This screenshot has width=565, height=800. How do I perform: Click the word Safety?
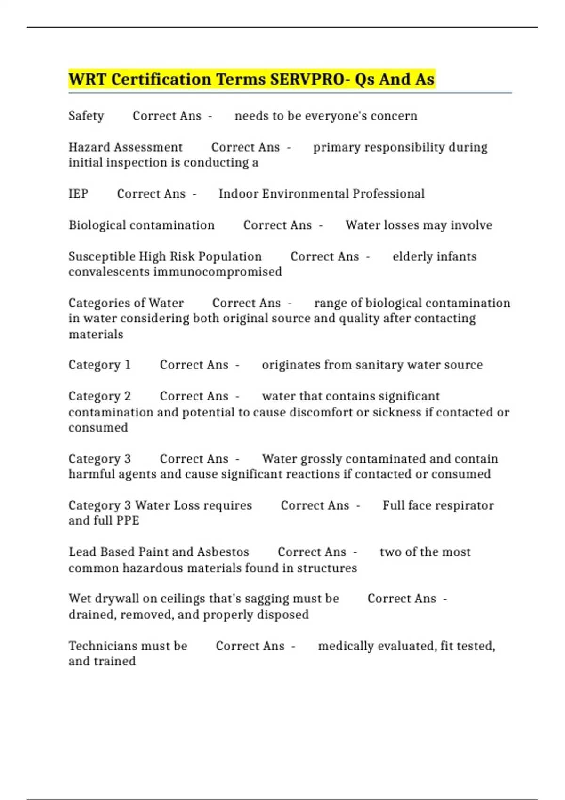(x=86, y=116)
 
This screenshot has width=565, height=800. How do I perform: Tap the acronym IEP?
(x=78, y=194)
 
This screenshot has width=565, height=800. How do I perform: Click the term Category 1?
(x=100, y=365)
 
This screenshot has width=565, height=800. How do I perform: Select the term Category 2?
(x=100, y=396)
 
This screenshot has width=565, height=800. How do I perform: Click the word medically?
(x=346, y=646)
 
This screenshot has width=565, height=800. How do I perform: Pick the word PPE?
(x=127, y=521)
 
